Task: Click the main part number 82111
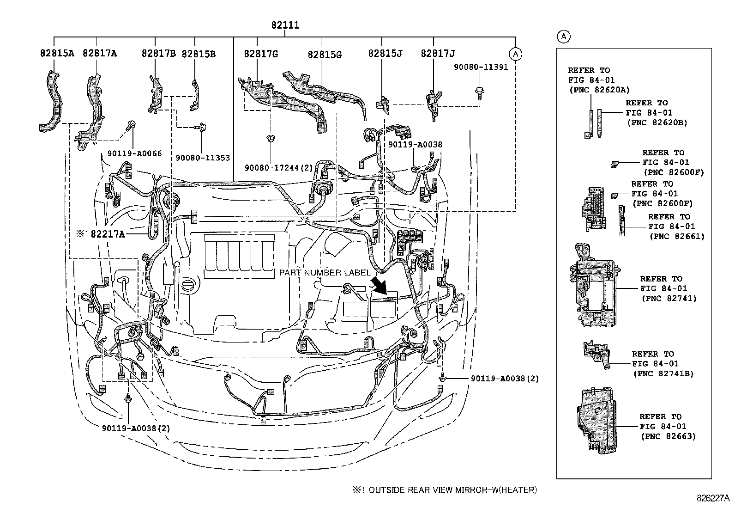[285, 25]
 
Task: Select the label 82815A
[57, 54]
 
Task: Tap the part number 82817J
[437, 54]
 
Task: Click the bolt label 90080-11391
[480, 67]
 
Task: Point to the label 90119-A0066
[134, 153]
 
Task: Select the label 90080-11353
[203, 158]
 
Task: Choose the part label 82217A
[108, 234]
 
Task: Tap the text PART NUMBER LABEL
[325, 273]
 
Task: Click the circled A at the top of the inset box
[563, 37]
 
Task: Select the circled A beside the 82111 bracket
[516, 54]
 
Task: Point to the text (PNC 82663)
[668, 436]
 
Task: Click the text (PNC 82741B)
[663, 373]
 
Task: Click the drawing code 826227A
[713, 498]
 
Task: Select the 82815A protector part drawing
[51, 103]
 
